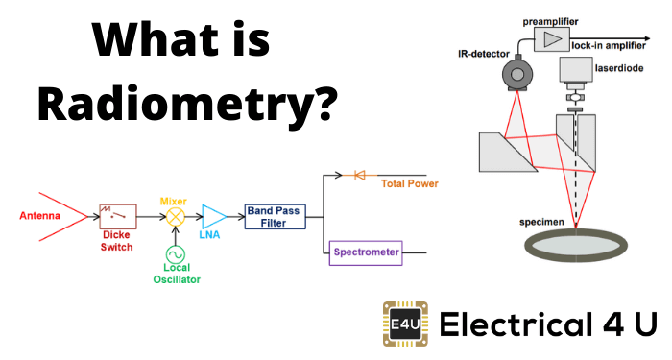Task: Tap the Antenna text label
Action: coord(40,216)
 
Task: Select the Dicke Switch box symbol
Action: coord(117,215)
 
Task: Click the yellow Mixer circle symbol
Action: coord(175,216)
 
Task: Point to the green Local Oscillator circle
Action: coord(175,252)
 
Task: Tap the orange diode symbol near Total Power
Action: coord(360,175)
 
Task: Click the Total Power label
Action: coord(410,182)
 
